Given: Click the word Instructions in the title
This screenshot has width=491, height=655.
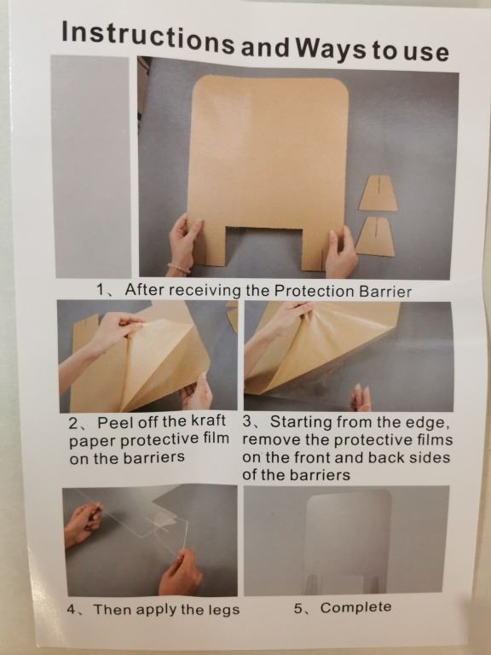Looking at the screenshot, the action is pos(147,38).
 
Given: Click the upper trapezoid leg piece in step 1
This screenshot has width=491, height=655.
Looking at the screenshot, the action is pos(378,193).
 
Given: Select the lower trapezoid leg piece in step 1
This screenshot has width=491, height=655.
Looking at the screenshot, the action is pos(375,236).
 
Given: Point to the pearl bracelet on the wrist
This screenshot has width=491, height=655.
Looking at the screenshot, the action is pos(179,268).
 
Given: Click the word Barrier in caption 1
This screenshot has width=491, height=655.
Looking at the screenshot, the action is pos(385,292).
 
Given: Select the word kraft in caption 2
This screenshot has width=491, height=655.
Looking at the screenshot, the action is pos(208,420).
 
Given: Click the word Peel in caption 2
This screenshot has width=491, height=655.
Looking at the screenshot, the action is pos(113,422).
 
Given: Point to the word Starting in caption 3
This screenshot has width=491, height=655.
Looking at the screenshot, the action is pos(301,422).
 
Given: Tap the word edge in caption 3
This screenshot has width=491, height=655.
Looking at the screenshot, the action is pos(428,423).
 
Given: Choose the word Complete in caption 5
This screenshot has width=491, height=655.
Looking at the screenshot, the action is pos(355,607).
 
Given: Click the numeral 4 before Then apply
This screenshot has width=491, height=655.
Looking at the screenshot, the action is pos(72,609).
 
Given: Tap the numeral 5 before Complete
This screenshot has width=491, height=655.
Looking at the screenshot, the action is pos(298,608).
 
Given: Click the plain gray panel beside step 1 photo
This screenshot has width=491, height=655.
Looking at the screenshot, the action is pos(91,166).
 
